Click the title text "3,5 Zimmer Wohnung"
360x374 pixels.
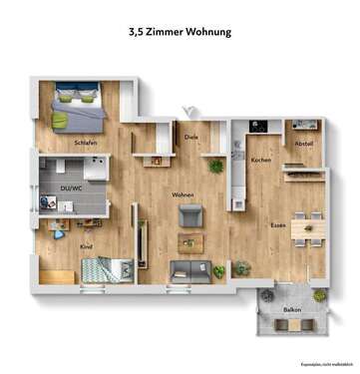point(180,32)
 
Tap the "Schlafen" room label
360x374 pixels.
point(85,144)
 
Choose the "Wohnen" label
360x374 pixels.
point(182,194)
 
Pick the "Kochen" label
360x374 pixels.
point(261,160)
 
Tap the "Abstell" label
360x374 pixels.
point(303,144)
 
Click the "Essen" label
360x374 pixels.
point(279,226)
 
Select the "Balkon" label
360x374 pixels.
point(292,310)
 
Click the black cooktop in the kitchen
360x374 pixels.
point(256,127)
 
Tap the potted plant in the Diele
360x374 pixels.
point(214,165)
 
